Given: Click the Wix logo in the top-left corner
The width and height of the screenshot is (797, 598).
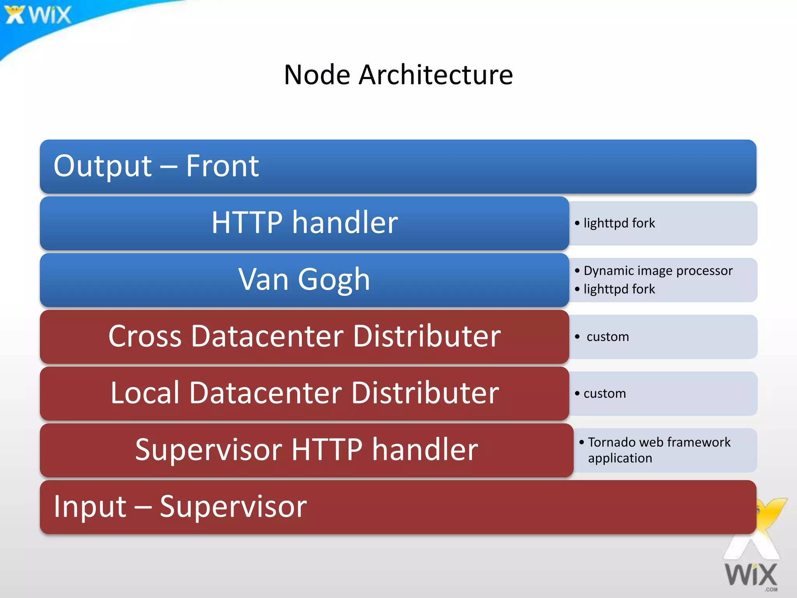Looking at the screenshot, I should pyautogui.click(x=38, y=15).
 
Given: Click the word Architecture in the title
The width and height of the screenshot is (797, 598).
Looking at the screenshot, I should pyautogui.click(x=435, y=75).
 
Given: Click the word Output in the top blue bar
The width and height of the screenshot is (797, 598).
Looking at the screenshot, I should pyautogui.click(x=102, y=166).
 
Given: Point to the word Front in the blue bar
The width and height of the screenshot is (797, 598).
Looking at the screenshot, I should pyautogui.click(x=222, y=166).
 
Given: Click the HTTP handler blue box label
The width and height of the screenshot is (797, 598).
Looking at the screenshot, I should pyautogui.click(x=305, y=222).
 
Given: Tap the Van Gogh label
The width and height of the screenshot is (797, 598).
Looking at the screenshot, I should pyautogui.click(x=304, y=279).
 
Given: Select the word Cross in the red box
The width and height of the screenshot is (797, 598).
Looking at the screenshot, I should pyautogui.click(x=145, y=336).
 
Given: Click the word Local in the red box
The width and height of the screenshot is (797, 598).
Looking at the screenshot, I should pyautogui.click(x=145, y=393).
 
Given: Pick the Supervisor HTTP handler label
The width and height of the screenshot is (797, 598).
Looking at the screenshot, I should pyautogui.click(x=306, y=450).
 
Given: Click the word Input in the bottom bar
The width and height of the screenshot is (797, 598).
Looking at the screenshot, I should pyautogui.click(x=90, y=507).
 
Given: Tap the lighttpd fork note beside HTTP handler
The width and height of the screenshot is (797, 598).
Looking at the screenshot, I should pyautogui.click(x=619, y=223).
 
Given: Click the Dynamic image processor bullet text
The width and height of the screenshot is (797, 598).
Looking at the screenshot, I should pyautogui.click(x=658, y=271).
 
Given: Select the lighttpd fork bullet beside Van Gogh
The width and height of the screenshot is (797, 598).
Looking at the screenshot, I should pyautogui.click(x=619, y=289).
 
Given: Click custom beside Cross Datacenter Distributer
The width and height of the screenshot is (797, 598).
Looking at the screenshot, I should pyautogui.click(x=607, y=337).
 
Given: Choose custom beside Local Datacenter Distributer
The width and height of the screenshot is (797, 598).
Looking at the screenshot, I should pyautogui.click(x=604, y=394).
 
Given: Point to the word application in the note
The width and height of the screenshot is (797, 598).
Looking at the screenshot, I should pyautogui.click(x=620, y=458).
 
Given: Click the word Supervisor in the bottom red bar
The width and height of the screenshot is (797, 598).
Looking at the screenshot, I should pyautogui.click(x=233, y=507).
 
